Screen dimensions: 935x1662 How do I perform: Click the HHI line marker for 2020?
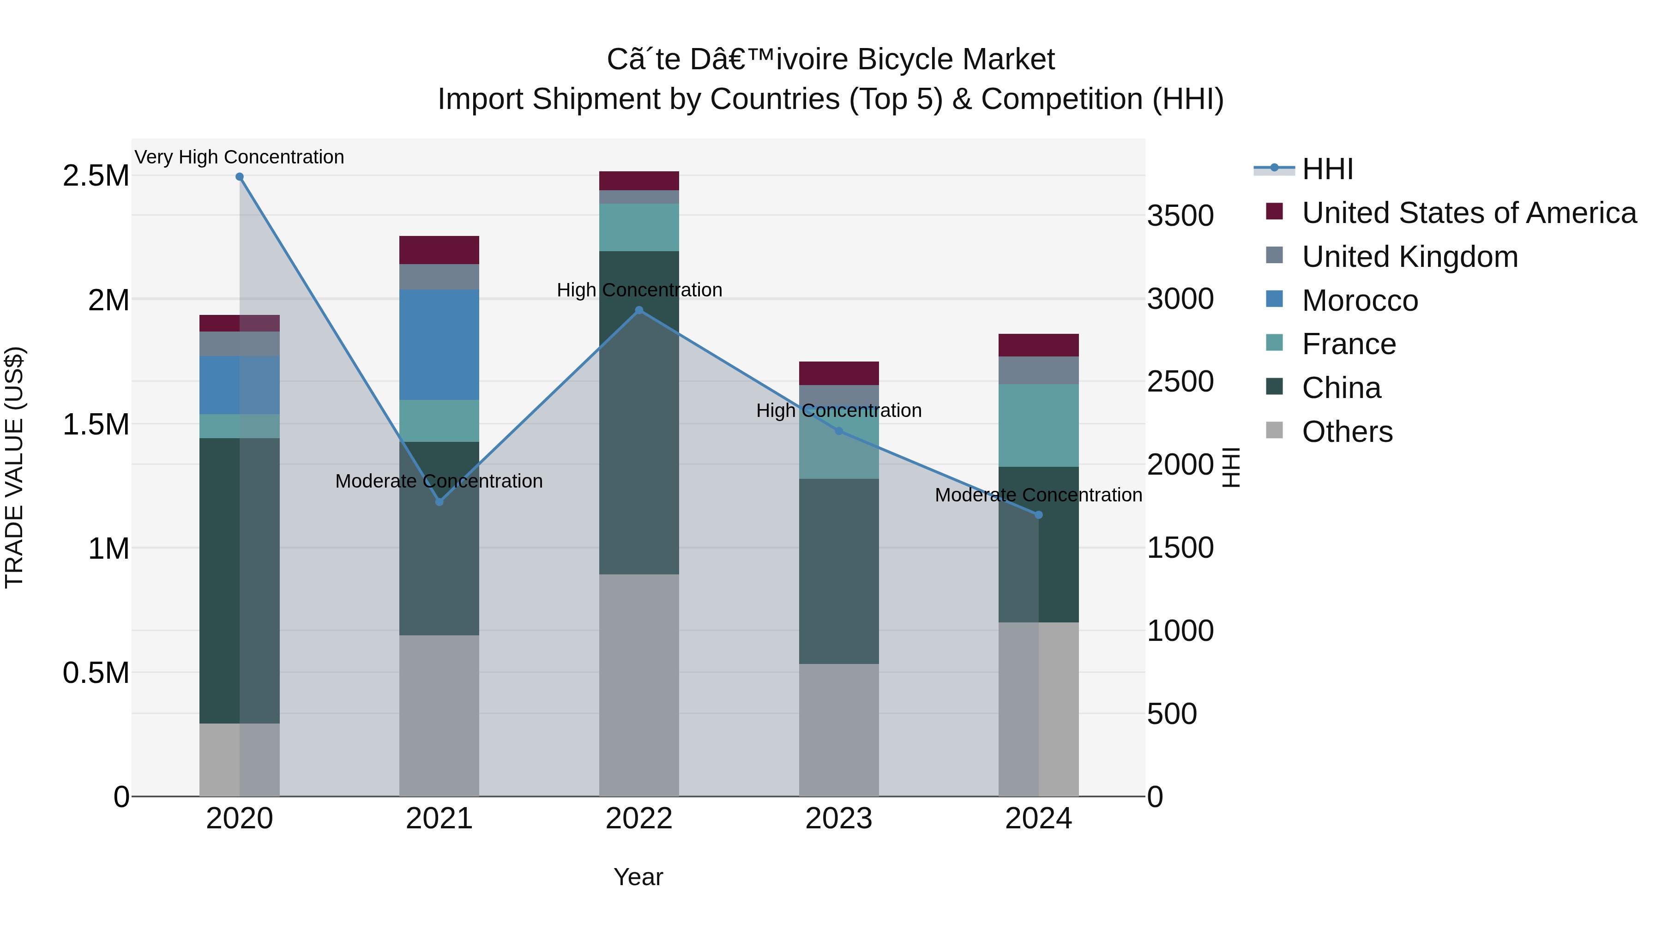[x=239, y=177]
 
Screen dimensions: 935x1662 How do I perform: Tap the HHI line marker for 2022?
[x=639, y=310]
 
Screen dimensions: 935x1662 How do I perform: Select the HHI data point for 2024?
[x=1038, y=515]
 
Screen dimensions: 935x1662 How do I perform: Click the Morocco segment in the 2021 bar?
[x=439, y=344]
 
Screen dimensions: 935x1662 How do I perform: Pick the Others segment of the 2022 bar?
[x=639, y=684]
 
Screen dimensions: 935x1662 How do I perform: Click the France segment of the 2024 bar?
[x=1038, y=425]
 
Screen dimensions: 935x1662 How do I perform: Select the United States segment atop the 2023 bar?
[x=839, y=373]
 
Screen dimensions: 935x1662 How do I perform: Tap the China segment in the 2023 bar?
[x=839, y=571]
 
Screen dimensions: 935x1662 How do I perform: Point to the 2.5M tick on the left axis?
[x=96, y=175]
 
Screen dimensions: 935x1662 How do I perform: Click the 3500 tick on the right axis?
[x=1180, y=216]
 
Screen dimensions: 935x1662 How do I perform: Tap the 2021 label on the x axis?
[x=439, y=819]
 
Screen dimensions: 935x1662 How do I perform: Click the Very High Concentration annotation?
[x=239, y=157]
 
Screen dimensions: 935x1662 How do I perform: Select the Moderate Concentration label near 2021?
[x=439, y=481]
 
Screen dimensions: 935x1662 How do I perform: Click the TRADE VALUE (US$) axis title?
[x=14, y=467]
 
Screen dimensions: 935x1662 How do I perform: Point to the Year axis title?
[x=638, y=877]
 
